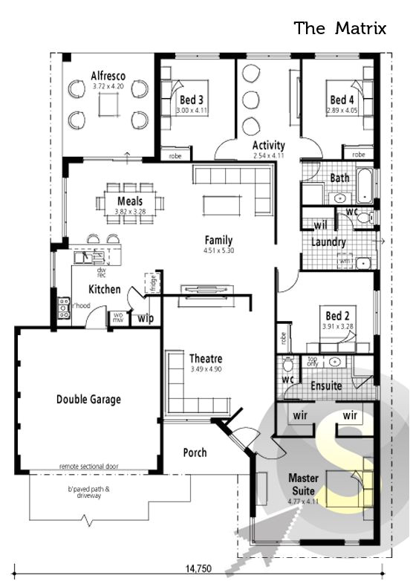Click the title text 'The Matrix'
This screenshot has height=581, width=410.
click(340, 28)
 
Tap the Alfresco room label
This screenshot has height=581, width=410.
click(108, 77)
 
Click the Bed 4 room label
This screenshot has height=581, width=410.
click(342, 100)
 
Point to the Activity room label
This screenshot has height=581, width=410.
click(268, 146)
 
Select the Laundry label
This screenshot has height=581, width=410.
click(328, 242)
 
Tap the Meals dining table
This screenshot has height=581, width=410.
click(129, 201)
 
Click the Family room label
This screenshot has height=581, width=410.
click(219, 241)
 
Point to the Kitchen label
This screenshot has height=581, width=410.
click(105, 288)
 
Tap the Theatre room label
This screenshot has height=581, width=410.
click(206, 359)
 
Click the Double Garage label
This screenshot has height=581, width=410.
click(88, 399)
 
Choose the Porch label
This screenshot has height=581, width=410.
click(195, 452)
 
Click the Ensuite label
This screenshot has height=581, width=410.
click(326, 386)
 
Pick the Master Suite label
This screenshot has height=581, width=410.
click(302, 484)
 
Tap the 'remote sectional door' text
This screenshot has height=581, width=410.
click(88, 467)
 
